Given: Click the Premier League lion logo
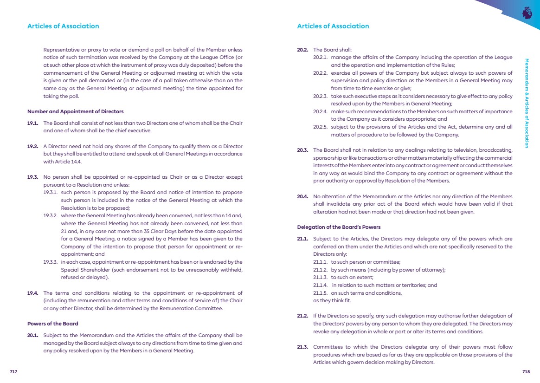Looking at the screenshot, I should pos(527,12).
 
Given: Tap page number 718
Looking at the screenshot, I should pos(526,371).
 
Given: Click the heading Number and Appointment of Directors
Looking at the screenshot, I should pos(75,111).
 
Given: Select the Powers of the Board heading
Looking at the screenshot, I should pos(52,324).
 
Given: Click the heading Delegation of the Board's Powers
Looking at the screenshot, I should pos(339,227).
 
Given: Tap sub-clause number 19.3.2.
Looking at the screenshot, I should pos(51,215).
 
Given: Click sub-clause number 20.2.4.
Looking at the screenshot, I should pos(320,111).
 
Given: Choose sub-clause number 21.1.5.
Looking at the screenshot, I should pos(320,293).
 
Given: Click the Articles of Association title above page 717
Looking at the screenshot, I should pos(63,26).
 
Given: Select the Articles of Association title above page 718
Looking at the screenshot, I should pos(333,26).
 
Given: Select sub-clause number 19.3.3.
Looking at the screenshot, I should pos(51,262).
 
